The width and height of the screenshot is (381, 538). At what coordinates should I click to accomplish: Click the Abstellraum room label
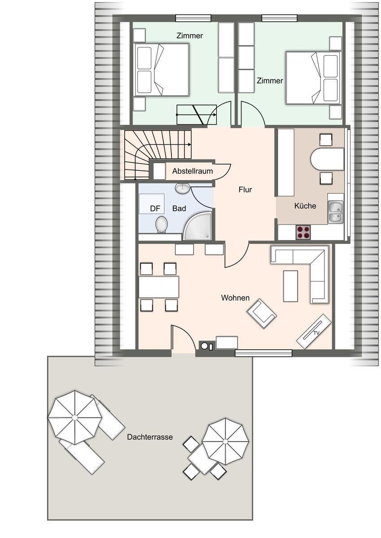pyautogui.click(x=193, y=171)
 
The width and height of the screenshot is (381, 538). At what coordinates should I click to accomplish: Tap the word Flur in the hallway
pyautogui.click(x=245, y=190)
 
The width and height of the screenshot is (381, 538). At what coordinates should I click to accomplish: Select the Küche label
pyautogui.click(x=305, y=206)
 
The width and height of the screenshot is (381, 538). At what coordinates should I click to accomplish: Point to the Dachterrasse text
pyautogui.click(x=150, y=437)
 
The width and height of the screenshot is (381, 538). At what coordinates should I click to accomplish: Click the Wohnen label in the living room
pyautogui.click(x=235, y=298)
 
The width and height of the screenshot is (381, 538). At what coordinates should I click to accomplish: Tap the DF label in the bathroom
pyautogui.click(x=155, y=208)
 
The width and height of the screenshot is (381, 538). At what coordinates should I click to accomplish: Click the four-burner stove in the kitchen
pyautogui.click(x=303, y=232)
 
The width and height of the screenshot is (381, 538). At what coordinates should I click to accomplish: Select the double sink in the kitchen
pyautogui.click(x=336, y=212)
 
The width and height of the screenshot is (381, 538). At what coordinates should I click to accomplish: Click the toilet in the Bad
pyautogui.click(x=161, y=224)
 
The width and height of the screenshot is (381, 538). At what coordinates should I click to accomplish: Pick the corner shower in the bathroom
pyautogui.click(x=197, y=226)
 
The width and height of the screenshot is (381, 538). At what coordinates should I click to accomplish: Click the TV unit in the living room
pyautogui.click(x=314, y=331)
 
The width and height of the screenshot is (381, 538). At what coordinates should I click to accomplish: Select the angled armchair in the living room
pyautogui.click(x=262, y=313)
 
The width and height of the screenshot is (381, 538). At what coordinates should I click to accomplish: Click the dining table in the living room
pyautogui.click(x=159, y=287)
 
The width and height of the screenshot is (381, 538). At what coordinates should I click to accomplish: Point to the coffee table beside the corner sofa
pyautogui.click(x=291, y=286)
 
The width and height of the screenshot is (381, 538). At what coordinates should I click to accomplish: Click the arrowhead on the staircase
pyautogui.click(x=190, y=144)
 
